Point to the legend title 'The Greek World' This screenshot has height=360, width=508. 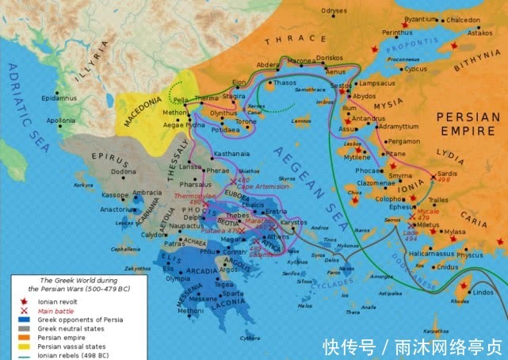(x=71, y=281)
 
